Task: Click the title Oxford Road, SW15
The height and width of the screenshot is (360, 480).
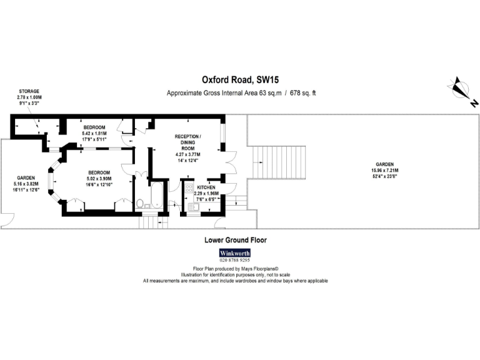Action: [241, 80]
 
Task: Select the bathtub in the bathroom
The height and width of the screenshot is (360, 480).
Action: [157, 196]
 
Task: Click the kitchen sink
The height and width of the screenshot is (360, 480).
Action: [189, 206]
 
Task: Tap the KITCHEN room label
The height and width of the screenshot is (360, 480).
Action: [207, 187]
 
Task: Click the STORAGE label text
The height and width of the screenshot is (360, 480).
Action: [29, 91]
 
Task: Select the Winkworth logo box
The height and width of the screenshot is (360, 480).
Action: [234, 253]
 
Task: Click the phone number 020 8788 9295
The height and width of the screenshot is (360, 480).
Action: [234, 260]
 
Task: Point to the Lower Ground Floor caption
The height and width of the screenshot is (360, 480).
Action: [236, 240]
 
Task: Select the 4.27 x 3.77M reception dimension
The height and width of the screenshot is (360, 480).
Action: [187, 154]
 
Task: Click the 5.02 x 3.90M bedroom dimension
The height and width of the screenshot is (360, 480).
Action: [99, 178]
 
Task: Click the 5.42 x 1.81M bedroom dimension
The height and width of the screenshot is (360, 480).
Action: [94, 133]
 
